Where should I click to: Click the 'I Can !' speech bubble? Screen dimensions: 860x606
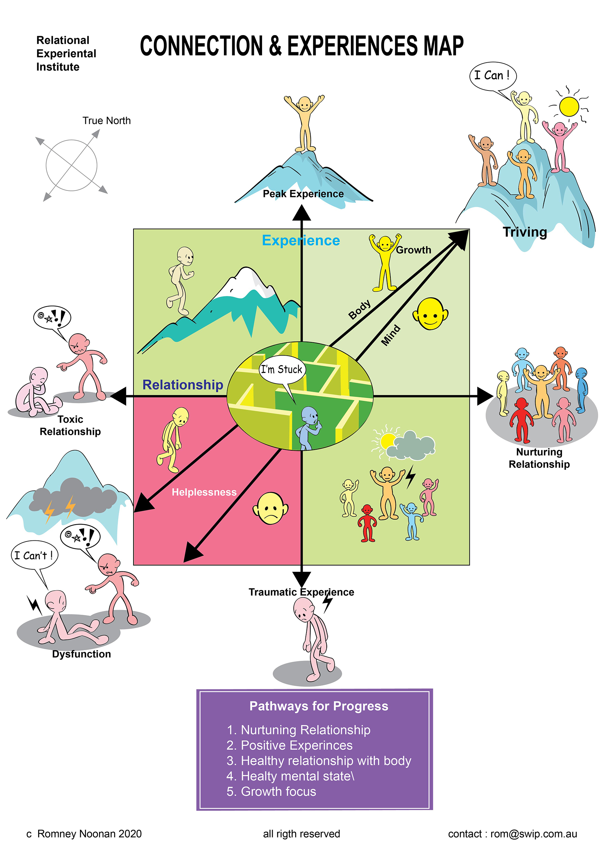[x=492, y=76]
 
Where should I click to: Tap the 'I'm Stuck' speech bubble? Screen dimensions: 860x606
[x=282, y=370]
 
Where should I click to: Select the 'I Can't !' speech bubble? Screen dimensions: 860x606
[x=34, y=555]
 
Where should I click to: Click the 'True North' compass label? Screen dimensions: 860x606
[x=106, y=121]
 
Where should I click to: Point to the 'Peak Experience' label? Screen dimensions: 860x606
[x=303, y=194]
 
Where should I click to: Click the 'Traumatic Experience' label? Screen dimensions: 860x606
[x=301, y=592]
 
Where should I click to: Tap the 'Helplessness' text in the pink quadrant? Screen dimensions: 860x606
[x=204, y=492]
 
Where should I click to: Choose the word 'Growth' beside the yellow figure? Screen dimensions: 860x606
[x=413, y=250]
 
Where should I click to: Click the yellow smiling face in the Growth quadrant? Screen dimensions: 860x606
[x=430, y=314]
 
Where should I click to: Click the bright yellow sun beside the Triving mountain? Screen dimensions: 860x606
[x=569, y=106]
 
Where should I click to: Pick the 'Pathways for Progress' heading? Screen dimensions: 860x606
[x=319, y=706]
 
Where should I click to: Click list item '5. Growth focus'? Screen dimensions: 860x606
[x=271, y=791]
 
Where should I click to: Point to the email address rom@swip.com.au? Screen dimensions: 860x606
[x=533, y=834]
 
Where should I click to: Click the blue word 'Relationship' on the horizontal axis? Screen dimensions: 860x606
[x=183, y=385]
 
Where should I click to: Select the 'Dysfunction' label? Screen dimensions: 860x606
[x=81, y=654]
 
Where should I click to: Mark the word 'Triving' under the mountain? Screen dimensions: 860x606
[x=524, y=232]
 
